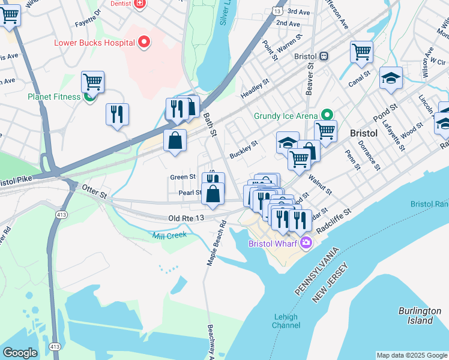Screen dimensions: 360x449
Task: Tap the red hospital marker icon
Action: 143,42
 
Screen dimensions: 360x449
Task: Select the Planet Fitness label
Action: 53,97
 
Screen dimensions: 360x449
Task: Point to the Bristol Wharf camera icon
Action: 306,242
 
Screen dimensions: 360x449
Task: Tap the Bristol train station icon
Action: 324,56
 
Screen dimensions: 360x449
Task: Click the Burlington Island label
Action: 423,316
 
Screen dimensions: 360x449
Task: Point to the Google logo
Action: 20,352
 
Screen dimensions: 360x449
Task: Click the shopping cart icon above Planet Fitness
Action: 92,82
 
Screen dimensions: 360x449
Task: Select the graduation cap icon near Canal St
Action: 390,79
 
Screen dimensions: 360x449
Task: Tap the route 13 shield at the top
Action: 276,11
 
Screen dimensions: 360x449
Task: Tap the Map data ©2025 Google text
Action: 412,355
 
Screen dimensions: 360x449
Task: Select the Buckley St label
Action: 243,148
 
